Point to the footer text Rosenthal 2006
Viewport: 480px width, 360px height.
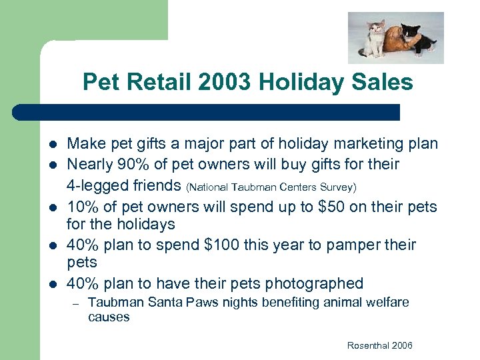coord(379,345)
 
